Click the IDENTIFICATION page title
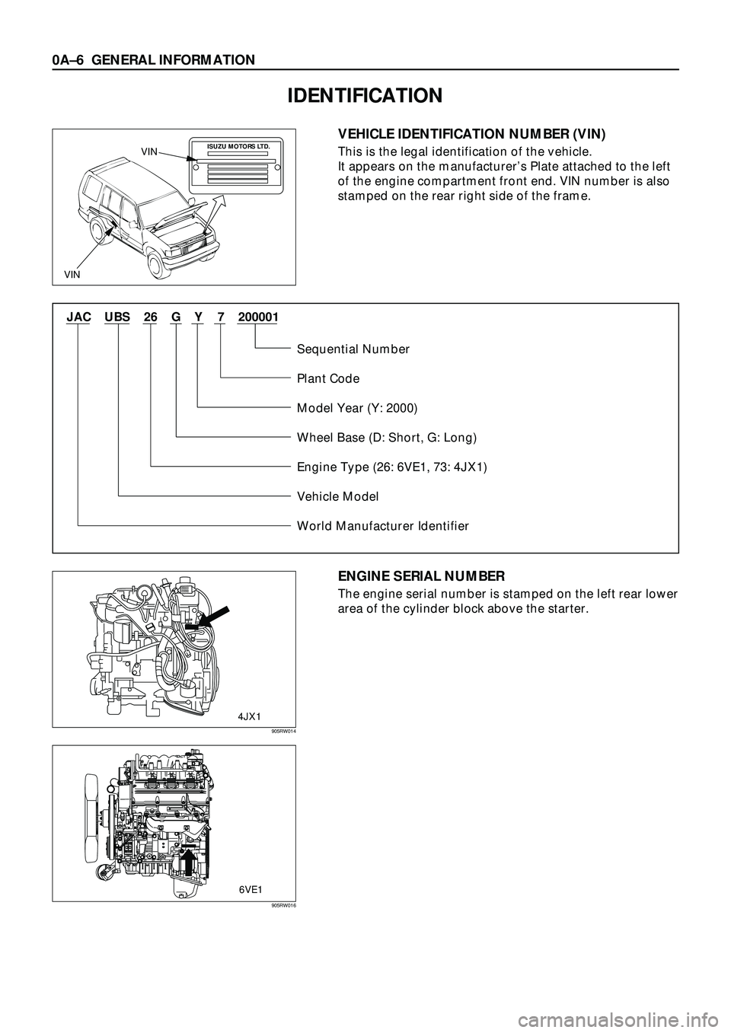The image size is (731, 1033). [x=365, y=95]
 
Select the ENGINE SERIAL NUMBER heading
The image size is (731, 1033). [x=421, y=576]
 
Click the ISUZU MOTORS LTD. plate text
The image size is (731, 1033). [x=239, y=144]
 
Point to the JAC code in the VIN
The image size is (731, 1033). [x=78, y=316]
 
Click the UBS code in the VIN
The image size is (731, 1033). [x=117, y=316]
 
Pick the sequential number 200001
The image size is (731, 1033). [x=257, y=316]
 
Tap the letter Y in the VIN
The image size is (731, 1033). [x=198, y=316]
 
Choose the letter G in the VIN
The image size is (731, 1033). [x=176, y=316]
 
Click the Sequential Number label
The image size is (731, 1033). [x=353, y=349]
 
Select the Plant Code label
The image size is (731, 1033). [x=328, y=378]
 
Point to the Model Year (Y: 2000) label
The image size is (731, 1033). [x=357, y=408]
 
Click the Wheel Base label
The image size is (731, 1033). [x=387, y=438]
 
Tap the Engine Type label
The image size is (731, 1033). [x=392, y=467]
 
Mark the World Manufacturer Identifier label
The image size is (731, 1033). [x=383, y=526]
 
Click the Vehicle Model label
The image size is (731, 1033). [x=337, y=496]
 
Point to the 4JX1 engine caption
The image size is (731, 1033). [x=250, y=716]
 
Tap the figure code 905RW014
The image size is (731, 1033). [x=282, y=732]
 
